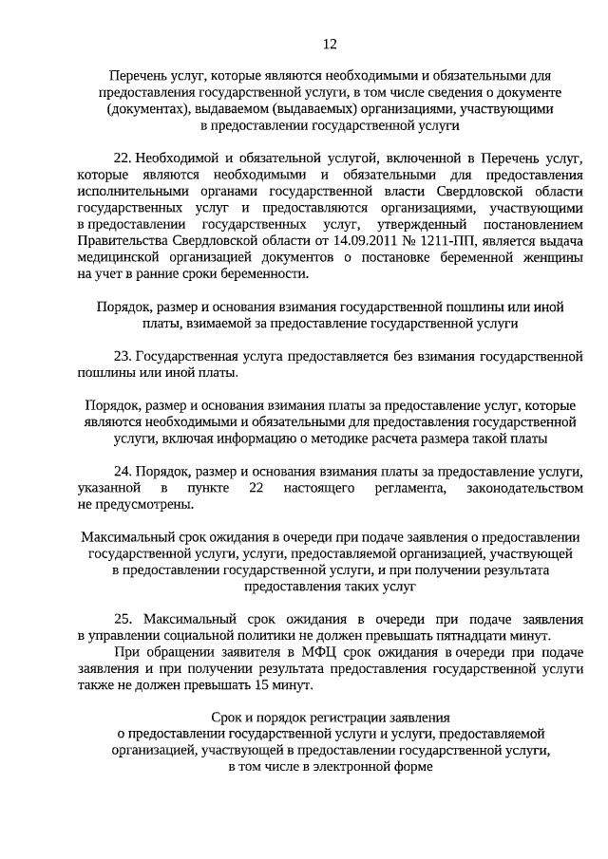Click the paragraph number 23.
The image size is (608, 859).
click(122, 357)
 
